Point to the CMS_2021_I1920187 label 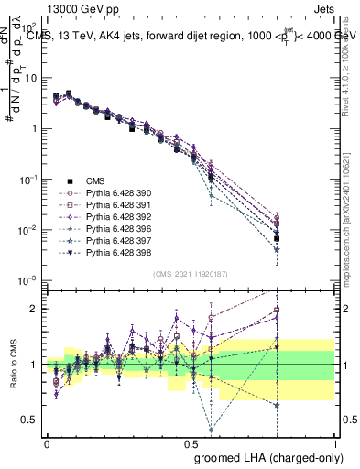[191, 273]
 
